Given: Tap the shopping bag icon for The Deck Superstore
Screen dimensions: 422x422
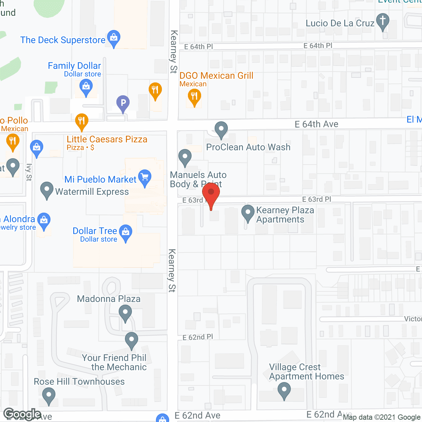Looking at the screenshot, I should pos(114,38).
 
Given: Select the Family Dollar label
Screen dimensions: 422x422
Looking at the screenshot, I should pos(74,66).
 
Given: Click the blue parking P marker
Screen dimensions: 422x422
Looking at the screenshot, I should pos(123,103).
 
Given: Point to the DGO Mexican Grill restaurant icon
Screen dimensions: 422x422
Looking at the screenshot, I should pos(194,97).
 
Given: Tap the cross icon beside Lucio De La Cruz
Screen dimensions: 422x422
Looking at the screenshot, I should pos(382,21).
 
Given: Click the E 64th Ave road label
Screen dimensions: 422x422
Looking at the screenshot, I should pos(316,124).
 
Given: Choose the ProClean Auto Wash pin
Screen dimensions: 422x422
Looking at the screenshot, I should pos(221,129).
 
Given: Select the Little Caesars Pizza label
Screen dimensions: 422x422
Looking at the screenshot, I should pos(107,139).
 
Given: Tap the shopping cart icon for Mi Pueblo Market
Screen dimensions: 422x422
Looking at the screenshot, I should pos(145,177).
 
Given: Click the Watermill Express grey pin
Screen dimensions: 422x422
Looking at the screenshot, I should pos(46,190).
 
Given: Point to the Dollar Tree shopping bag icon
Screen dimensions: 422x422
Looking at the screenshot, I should pos(125,232).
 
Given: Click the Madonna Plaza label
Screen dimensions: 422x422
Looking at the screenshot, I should pos(109,299).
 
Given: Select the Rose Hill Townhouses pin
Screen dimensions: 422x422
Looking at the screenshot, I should pos(49,395).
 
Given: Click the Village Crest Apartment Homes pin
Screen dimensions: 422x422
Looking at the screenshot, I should pos(284,390).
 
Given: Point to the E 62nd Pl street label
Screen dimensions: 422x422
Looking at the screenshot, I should pos(198,337).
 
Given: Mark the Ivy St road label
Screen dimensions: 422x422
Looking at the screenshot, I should pos(29,172).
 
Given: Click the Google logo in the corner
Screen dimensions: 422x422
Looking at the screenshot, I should pos(22,414).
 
